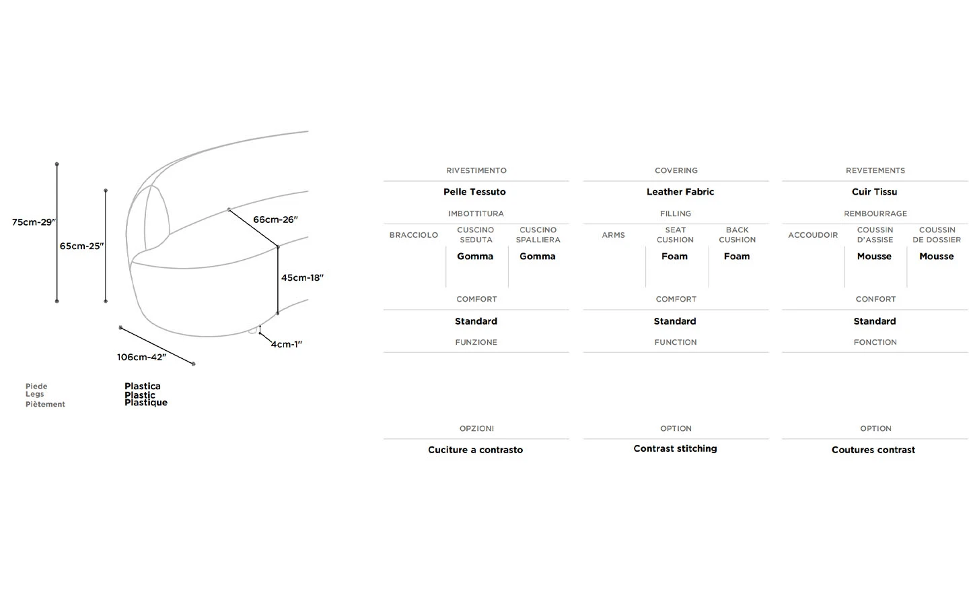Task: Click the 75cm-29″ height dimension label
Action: pyautogui.click(x=34, y=222)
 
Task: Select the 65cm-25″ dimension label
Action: pyautogui.click(x=81, y=246)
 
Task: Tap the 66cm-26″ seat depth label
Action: pyautogui.click(x=275, y=220)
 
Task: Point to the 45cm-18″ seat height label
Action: pyautogui.click(x=302, y=277)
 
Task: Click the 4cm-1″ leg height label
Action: pyautogui.click(x=287, y=344)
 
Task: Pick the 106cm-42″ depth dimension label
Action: pyautogui.click(x=141, y=357)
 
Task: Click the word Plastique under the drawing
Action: pyautogui.click(x=146, y=403)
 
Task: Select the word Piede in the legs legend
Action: pyautogui.click(x=36, y=386)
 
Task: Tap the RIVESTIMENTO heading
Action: pyautogui.click(x=476, y=170)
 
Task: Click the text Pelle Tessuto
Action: pyautogui.click(x=474, y=192)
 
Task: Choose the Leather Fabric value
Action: pyautogui.click(x=680, y=192)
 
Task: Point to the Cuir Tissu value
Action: pyautogui.click(x=874, y=192)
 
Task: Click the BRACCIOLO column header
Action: pyautogui.click(x=413, y=235)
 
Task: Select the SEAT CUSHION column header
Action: pyautogui.click(x=675, y=235)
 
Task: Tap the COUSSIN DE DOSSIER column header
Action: pyautogui.click(x=937, y=235)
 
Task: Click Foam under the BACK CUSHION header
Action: pyautogui.click(x=737, y=257)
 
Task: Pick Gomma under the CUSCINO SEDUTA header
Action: pyautogui.click(x=475, y=257)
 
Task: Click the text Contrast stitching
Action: pyautogui.click(x=675, y=448)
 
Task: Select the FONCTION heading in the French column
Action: pyautogui.click(x=875, y=342)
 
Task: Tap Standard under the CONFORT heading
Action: pyautogui.click(x=875, y=321)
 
